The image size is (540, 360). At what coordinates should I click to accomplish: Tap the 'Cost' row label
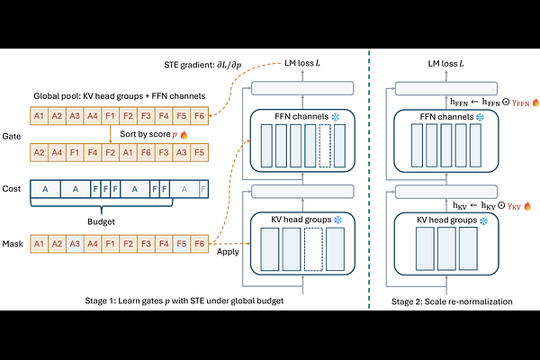(x=12, y=190)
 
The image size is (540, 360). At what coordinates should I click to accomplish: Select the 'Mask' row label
(x=13, y=243)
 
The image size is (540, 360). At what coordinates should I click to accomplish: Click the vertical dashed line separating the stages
(x=369, y=180)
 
